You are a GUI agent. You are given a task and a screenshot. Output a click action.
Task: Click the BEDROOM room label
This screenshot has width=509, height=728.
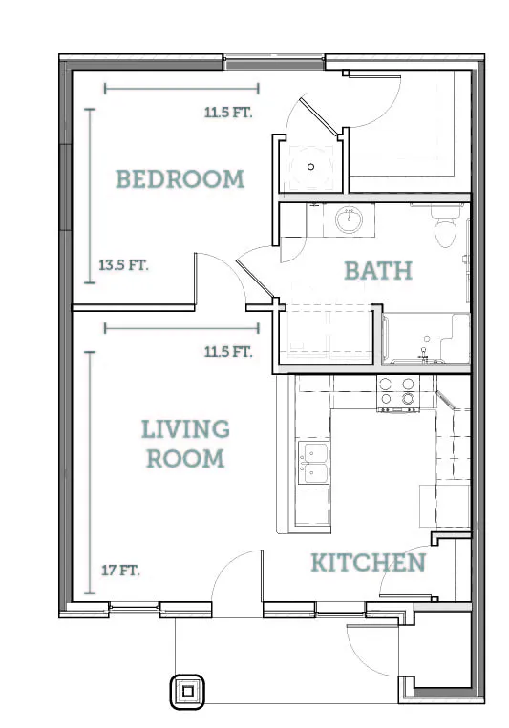tap(180, 179)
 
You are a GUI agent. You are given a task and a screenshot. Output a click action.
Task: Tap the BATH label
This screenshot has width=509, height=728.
tap(378, 271)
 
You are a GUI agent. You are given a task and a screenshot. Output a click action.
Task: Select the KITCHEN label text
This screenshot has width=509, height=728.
tap(369, 563)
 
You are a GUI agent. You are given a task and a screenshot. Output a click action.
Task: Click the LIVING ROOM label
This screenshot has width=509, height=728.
tap(185, 444)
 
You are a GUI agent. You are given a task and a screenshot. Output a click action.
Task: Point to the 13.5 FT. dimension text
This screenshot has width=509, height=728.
tap(123, 265)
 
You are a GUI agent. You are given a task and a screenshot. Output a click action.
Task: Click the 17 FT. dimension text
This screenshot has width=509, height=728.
tap(120, 570)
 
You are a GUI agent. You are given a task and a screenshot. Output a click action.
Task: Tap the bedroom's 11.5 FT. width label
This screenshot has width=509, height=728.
tap(228, 113)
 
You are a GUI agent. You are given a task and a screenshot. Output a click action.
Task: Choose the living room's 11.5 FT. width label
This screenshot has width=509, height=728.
tap(228, 352)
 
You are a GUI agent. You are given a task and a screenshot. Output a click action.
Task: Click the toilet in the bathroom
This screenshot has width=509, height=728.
tap(444, 226)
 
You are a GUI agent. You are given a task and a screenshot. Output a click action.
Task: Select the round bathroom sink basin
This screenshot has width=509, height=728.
tap(350, 220)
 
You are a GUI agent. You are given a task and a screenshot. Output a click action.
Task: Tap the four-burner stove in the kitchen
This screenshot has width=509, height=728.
tap(397, 394)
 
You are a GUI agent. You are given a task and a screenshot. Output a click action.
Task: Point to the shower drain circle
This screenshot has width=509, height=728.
tap(310, 167)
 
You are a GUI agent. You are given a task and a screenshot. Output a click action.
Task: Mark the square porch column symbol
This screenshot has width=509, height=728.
tap(187, 692)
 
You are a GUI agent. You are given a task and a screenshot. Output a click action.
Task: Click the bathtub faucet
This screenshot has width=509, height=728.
tap(423, 355)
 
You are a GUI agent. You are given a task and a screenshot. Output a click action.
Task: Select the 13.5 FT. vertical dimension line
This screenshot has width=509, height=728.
tap(90, 196)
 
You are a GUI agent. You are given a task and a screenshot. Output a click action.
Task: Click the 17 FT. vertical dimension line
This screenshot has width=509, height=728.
tap(90, 472)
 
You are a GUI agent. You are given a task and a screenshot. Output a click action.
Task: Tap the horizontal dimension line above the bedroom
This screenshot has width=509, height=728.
tap(181, 88)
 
